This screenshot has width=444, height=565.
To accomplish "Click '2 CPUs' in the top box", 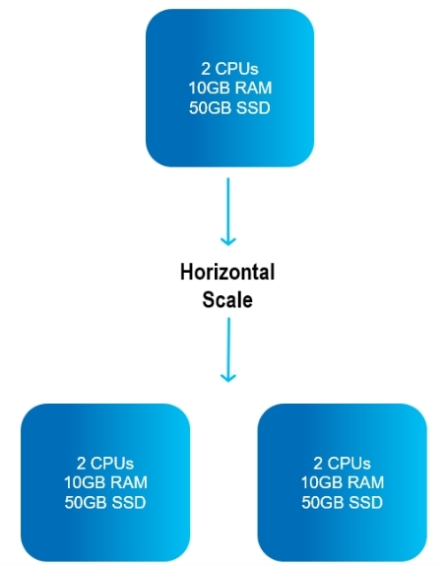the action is point(229,69).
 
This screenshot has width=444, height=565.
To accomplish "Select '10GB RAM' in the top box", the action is point(230,88).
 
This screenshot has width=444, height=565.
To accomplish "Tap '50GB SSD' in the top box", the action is point(229,107).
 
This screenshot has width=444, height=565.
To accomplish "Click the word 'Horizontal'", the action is point(227,272).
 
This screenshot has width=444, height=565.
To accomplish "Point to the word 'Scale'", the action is point(227,300).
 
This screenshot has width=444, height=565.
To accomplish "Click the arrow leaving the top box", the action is point(228,212).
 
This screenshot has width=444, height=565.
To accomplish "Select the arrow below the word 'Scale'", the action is point(228,349).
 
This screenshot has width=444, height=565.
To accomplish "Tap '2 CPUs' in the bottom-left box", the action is point(105,463).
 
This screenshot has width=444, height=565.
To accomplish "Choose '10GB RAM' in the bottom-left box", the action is point(105,482).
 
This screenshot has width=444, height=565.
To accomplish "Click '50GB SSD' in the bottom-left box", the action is point(105,502).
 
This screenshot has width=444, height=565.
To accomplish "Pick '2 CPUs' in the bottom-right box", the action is point(342,463).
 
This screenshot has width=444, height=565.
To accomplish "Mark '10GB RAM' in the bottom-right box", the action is point(343,482).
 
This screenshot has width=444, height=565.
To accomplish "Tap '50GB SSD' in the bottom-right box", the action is point(342,502).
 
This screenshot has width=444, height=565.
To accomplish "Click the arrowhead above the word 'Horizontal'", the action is point(228,241).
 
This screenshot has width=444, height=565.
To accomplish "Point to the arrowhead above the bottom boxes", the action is point(228,377).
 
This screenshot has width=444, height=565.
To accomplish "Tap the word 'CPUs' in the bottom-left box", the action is point(111,463).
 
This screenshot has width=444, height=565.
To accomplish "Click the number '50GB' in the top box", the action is point(209,107).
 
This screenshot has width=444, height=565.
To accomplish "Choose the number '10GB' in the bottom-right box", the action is point(321,482).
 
